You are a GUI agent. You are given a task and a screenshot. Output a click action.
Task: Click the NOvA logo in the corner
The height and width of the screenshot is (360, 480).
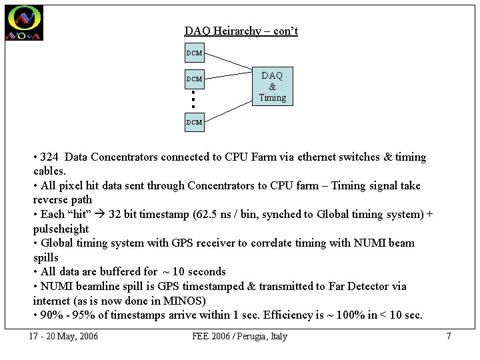coord(24,23)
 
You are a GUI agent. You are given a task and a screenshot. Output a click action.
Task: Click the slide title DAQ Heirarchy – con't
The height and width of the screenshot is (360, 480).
coord(241,31)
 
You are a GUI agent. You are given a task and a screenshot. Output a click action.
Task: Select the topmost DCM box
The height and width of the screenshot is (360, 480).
coord(194,53)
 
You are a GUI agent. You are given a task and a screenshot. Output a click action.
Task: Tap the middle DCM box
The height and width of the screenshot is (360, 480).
coord(194,79)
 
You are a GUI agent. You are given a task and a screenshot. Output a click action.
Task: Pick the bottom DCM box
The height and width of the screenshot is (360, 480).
coord(194,122)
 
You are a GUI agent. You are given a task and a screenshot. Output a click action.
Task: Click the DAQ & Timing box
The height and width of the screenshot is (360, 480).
coord(272,87)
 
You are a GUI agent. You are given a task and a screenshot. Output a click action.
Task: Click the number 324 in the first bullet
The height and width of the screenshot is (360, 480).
coord(49,157)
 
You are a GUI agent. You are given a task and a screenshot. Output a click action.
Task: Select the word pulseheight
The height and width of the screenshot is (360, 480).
coord(61,229)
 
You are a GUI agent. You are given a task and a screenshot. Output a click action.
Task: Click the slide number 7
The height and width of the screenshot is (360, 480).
coord(448,336)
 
